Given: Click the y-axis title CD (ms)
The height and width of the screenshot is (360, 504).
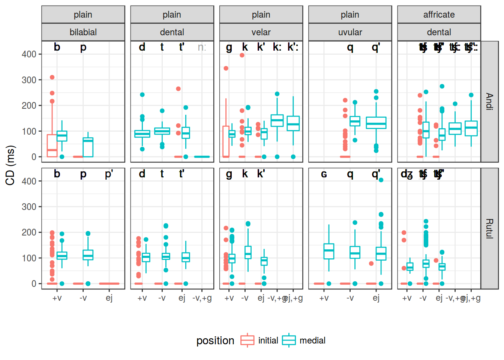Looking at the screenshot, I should tap(10, 165).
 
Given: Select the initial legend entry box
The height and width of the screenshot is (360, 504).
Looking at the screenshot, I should tap(247, 340).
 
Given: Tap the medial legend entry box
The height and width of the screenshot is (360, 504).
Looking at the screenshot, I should tap(289, 340).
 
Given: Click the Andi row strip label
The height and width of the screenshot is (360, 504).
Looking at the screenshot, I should tap(489, 101).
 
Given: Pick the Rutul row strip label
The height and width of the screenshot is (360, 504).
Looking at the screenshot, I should tap(489, 228).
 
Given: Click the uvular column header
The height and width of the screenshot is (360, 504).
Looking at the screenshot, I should tap(350, 32).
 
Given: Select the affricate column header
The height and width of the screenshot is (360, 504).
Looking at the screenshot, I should tap(439, 15).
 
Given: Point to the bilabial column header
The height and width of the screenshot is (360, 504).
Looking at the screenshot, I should tap(83, 32).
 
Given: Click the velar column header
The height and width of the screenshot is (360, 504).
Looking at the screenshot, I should tap(261, 32).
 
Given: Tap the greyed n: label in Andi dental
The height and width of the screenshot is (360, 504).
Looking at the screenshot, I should tap(202, 47).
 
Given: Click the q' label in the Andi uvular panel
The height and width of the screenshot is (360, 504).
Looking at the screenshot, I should tap(376, 47).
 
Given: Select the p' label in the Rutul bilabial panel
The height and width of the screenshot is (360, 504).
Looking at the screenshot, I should tap(109, 174).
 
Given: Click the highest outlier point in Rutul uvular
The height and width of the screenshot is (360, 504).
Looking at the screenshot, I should tap(381, 180).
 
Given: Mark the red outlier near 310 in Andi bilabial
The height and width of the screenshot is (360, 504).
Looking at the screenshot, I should tap(52, 77).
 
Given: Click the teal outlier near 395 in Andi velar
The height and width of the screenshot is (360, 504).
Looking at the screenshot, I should tap(242, 55).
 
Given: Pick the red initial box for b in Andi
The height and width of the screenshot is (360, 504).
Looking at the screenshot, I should tap(52, 145).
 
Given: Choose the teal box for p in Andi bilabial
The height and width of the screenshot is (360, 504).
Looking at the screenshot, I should tap(88, 147).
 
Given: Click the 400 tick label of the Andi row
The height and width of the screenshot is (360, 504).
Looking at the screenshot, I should tap(29, 54).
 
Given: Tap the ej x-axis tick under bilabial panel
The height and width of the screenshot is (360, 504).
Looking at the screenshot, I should tap(109, 298).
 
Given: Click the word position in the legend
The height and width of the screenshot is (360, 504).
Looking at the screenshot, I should tap(215, 340).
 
